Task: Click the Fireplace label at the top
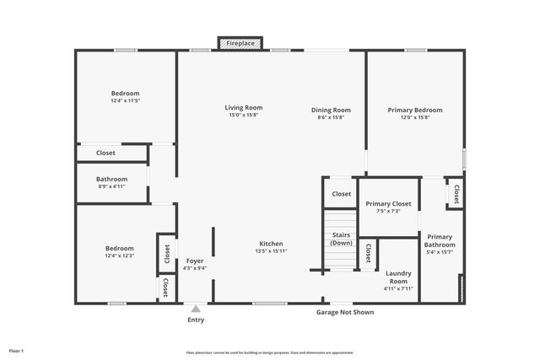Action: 242,42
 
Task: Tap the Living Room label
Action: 243,108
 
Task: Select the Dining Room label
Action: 330,110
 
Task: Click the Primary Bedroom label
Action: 414,110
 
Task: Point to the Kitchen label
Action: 271,244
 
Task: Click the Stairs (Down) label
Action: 341,239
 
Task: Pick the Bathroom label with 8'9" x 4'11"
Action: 111,179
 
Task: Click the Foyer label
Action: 195,261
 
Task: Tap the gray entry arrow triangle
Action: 195,309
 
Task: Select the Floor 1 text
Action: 17,350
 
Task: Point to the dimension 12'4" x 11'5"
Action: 125,101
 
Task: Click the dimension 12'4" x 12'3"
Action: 119,256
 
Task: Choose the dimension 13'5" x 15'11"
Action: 271,251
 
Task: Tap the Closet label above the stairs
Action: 341,194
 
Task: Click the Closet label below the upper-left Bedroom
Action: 105,153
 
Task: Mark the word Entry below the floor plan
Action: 195,320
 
